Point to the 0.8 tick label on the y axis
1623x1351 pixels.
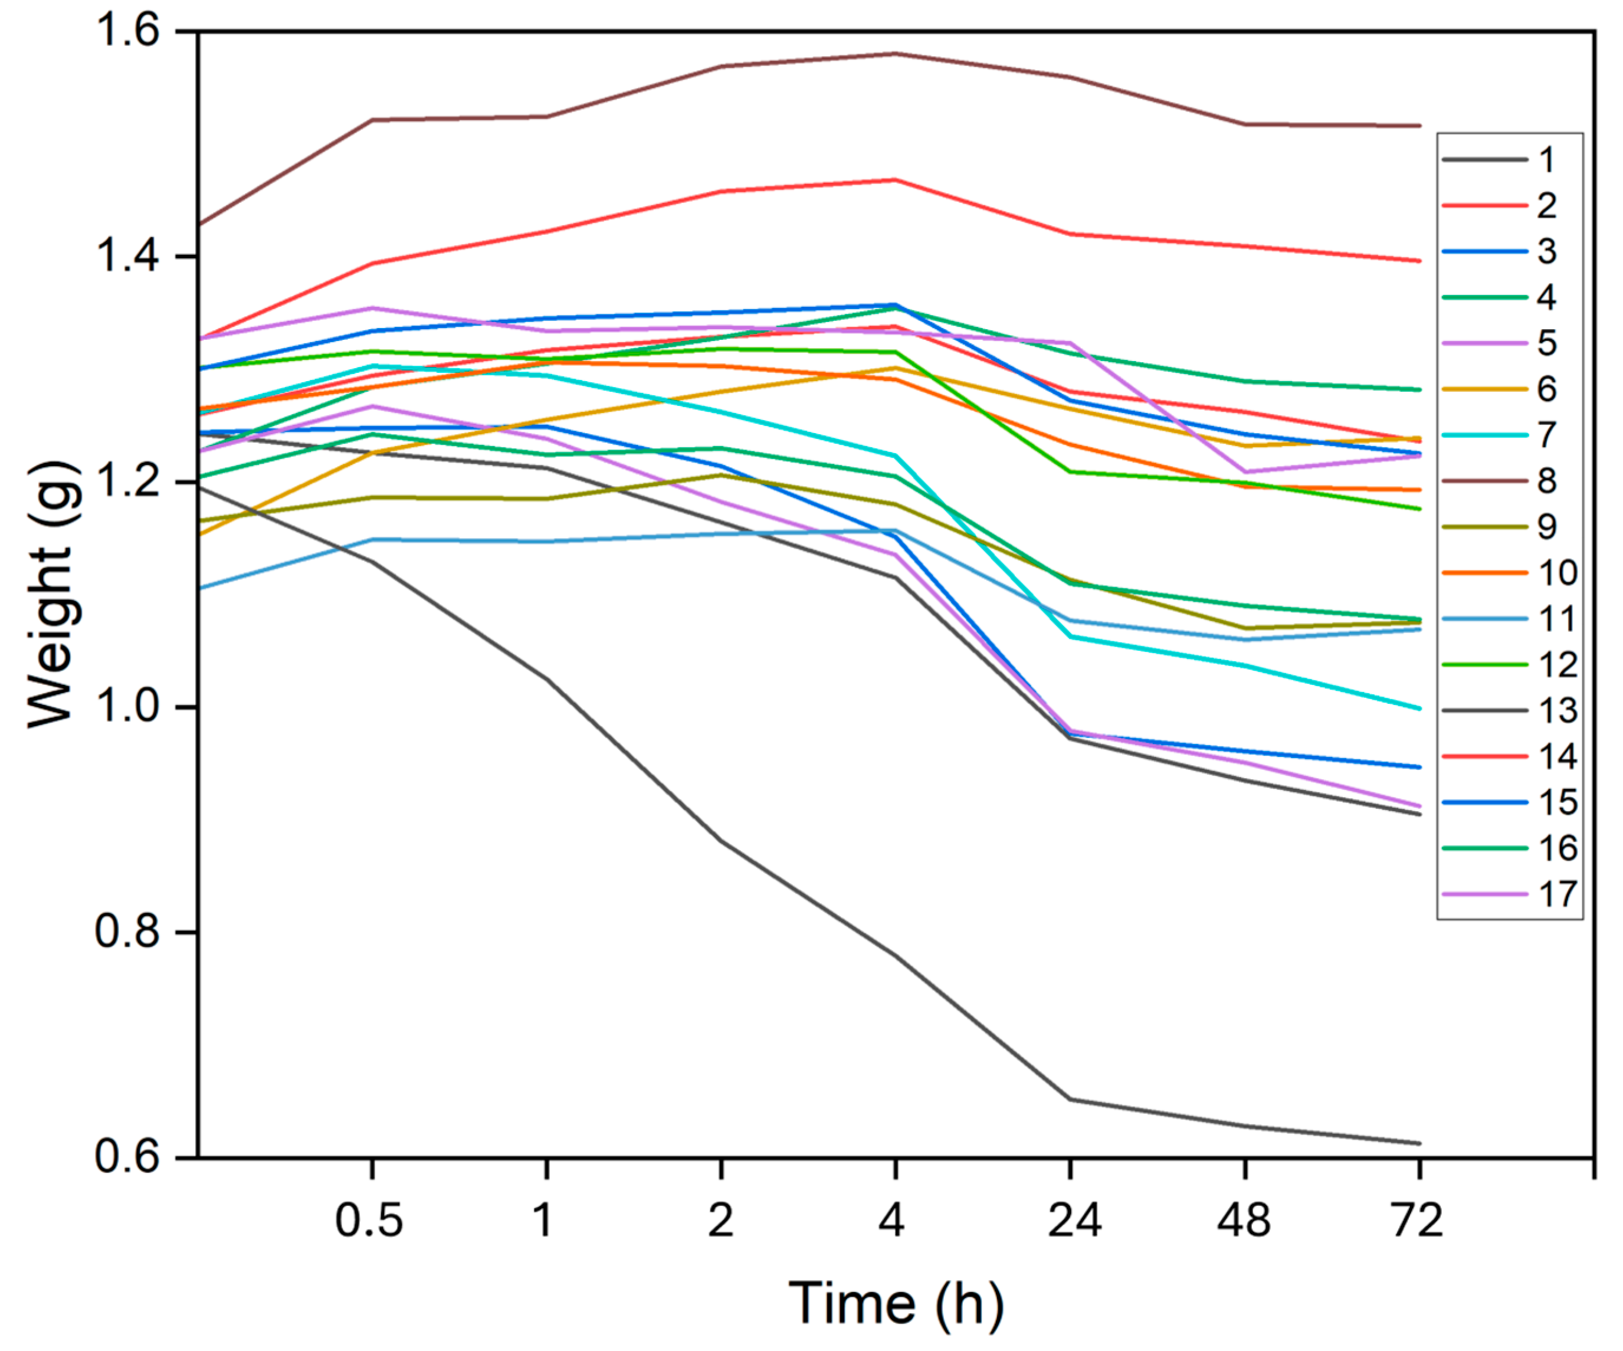(127, 932)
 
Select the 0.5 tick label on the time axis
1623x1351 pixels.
(369, 1221)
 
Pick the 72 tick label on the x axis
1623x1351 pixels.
(1418, 1221)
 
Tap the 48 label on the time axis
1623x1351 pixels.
(1244, 1221)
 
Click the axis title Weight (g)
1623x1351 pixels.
(53, 593)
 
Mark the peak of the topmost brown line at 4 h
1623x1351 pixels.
(895, 53)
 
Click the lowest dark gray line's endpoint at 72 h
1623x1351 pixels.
(1419, 1143)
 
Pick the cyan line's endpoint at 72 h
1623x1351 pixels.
(1419, 708)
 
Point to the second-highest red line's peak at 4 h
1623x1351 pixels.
(895, 179)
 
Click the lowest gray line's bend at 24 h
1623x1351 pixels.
(1070, 1099)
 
